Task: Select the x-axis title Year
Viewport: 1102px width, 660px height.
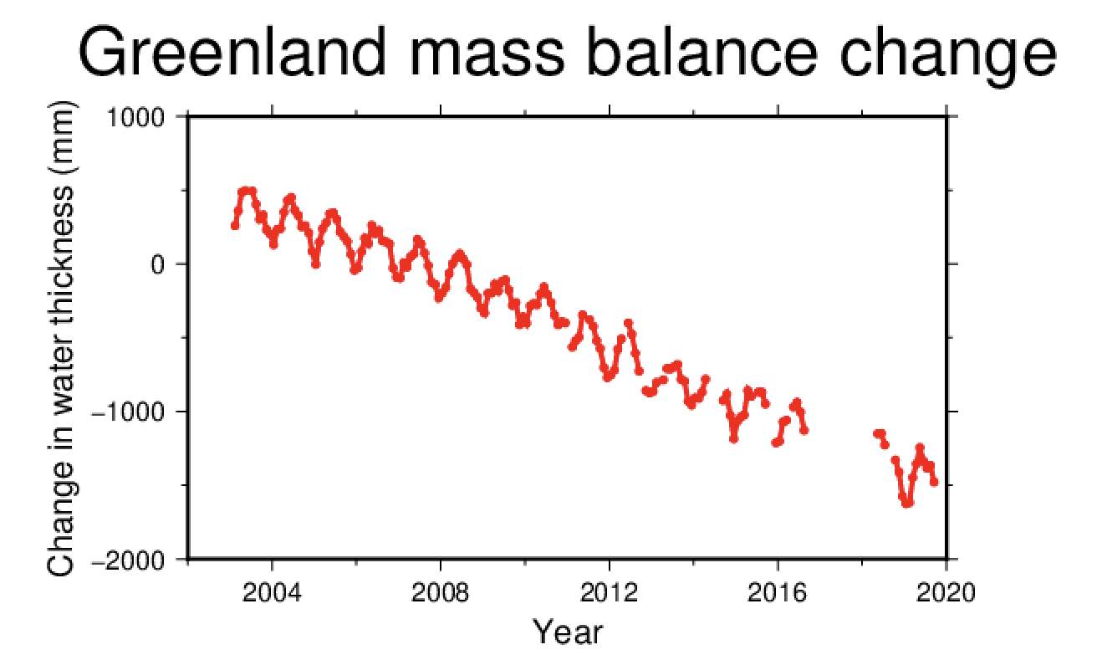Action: click(x=568, y=632)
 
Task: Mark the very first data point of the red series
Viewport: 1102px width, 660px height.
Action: click(x=235, y=225)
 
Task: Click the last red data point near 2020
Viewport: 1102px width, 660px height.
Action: click(x=935, y=483)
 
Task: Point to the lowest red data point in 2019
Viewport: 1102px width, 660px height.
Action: click(x=907, y=504)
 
